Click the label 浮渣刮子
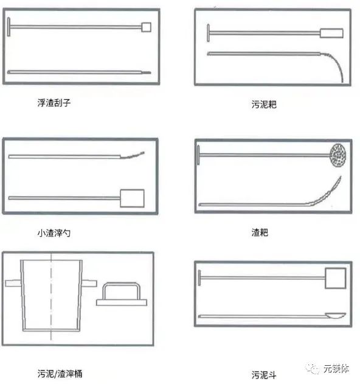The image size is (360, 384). pos(54,103)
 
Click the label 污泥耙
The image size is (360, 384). pos(264,104)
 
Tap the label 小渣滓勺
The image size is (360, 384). pos(54,232)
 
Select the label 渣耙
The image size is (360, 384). pos(260,232)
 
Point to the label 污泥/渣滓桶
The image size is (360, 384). pos(60,374)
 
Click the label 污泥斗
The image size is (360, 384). pos(264,375)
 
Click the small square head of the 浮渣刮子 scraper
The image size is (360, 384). pos(146,27)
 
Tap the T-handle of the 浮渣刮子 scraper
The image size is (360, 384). pos(9,27)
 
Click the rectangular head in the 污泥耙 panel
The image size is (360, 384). pos(331,33)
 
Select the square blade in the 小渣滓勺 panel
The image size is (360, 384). pos(132,198)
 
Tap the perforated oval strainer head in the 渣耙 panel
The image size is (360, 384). pos(338,155)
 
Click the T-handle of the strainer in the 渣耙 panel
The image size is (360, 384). pos(198,155)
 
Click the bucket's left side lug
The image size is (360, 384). pos(13,284)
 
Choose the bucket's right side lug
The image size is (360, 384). pos(89,284)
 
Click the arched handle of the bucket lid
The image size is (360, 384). pos(121,284)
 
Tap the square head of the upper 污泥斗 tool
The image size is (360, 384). pos(336,278)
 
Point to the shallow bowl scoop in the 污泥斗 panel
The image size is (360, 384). pos(336,316)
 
